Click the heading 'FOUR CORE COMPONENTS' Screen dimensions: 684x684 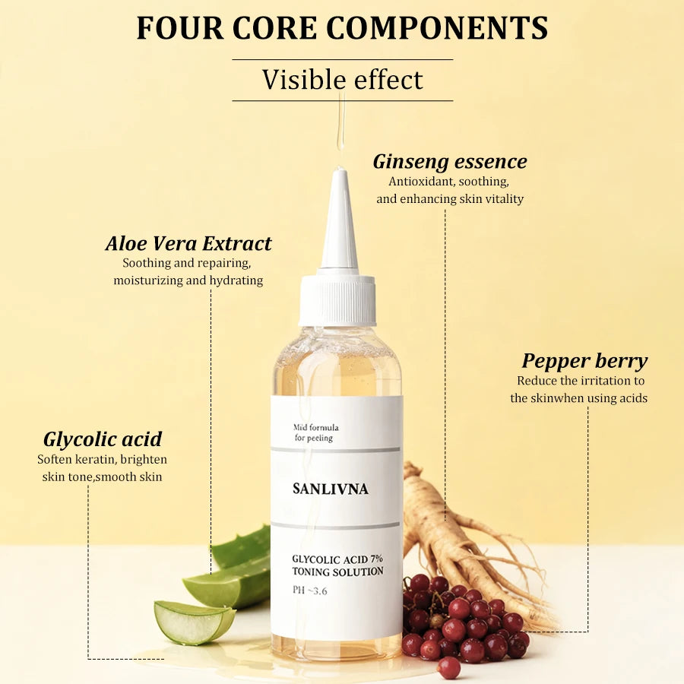pos(343,28)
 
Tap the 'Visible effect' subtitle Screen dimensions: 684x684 pos(343,80)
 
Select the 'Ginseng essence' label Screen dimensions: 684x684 pos(450,162)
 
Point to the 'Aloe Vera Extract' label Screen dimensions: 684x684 pos(188,243)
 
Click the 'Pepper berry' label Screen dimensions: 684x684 pos(584,362)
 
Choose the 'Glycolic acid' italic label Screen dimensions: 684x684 pos(103,440)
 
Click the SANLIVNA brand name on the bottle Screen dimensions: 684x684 pos(331,489)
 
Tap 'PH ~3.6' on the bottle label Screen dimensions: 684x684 pos(310,591)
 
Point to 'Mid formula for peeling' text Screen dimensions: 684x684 pos(316,432)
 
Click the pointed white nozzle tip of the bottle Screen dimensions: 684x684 pos(340,171)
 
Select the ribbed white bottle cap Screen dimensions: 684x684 pos(337,300)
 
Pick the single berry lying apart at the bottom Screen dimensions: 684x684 pos(449,668)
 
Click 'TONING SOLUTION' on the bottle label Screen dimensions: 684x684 pos(338,572)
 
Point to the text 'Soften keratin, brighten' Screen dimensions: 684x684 pos(102,459)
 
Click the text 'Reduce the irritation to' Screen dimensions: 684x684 pos(581,381)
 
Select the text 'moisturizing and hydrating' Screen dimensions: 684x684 pos(188,280)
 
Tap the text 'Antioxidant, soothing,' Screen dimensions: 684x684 pos(449,182)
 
